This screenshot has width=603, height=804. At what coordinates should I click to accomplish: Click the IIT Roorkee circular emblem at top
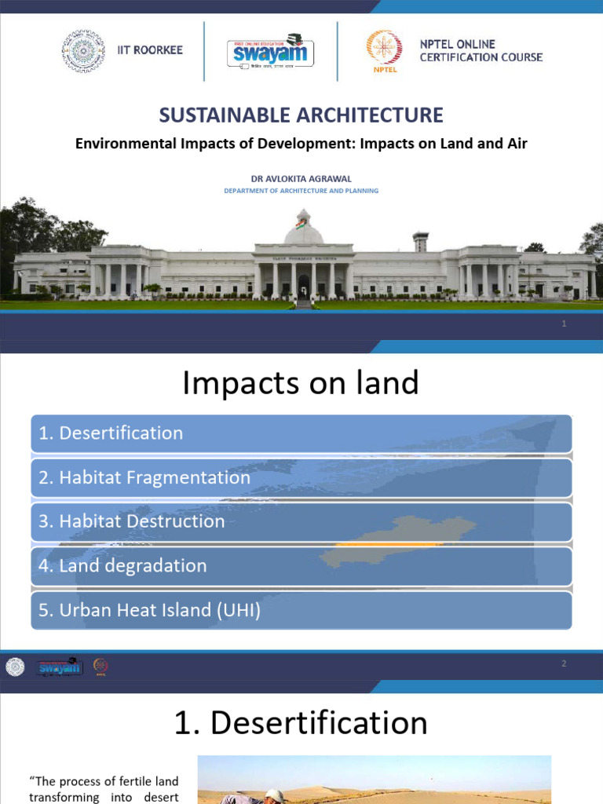point(83,50)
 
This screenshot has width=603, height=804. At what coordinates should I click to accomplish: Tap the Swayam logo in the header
point(271,52)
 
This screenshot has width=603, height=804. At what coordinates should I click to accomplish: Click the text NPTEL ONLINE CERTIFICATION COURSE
point(481,51)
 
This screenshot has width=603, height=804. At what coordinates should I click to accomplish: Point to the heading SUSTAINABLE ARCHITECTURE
point(301,115)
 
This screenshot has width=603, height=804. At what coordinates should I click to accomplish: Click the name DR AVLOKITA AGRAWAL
point(301,178)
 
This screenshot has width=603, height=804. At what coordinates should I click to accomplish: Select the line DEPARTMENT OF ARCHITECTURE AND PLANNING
point(301,191)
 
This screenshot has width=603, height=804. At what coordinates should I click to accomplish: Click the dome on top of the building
point(303,230)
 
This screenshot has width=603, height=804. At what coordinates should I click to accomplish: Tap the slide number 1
point(564,324)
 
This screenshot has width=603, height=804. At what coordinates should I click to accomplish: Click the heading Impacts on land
point(301,383)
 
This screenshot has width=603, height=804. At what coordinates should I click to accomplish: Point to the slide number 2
point(564,664)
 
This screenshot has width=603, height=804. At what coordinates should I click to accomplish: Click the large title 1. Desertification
point(301,723)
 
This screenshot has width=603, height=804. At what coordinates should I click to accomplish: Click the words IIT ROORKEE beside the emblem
point(149,50)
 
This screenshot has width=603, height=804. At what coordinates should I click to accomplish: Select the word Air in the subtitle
point(516,144)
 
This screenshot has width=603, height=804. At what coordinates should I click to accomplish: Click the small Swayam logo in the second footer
point(60,667)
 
